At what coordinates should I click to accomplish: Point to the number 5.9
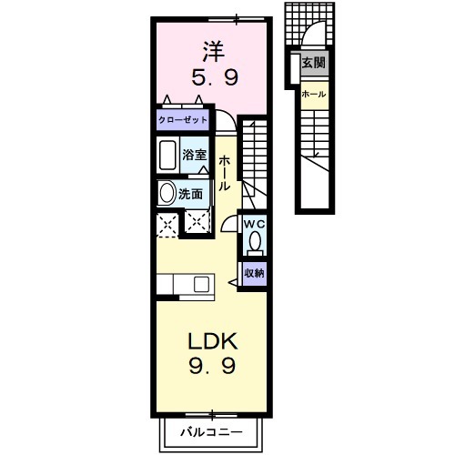212,79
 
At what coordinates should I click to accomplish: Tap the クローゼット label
183,120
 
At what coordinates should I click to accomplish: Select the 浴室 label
195,155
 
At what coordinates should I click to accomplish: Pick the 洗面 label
190,193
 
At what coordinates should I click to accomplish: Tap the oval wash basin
167,193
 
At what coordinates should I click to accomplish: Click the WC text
254,222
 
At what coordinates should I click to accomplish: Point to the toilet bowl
255,241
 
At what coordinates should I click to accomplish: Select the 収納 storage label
254,272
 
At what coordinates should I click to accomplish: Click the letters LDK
212,342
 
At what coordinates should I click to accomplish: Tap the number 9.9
212,368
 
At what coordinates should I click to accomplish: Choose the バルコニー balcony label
210,430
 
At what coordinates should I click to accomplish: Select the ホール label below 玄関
314,94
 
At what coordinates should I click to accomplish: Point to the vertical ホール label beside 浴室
224,171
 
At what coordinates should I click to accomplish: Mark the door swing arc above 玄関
314,36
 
